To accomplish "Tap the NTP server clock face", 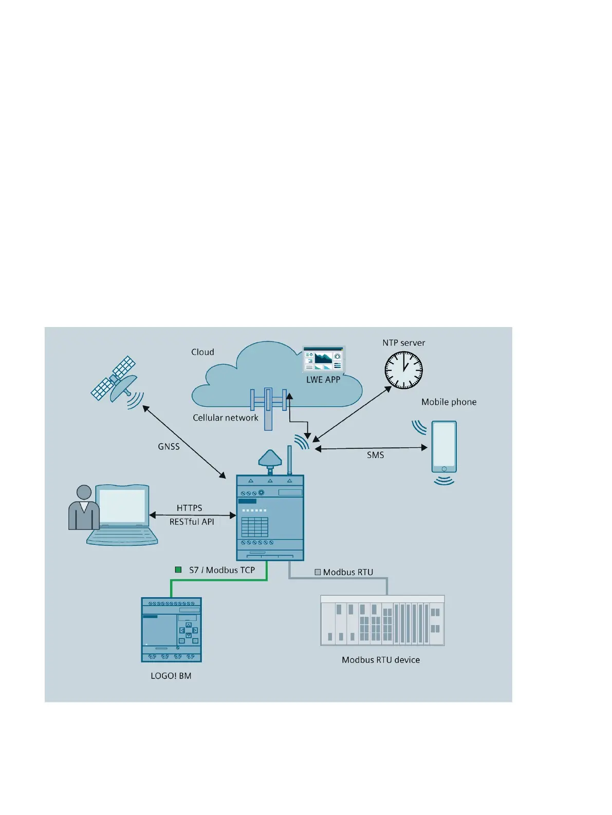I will point(403,370).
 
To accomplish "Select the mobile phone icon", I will point(444,447).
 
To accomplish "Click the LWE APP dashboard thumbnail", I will point(323,359).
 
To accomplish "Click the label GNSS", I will point(169,447).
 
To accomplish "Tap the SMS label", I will point(375,455).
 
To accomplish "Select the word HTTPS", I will point(189,508).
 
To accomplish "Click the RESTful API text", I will point(192,522).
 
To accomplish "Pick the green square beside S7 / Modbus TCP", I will point(178,570).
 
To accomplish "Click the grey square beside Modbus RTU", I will point(318,572).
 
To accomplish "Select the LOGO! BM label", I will point(171,676).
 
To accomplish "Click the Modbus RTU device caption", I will point(381,660).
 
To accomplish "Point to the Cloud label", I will point(202,352).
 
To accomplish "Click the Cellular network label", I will point(226,418).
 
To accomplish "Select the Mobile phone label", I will point(449,402).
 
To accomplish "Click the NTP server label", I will point(403,343).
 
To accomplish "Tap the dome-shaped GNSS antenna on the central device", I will point(270,458).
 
